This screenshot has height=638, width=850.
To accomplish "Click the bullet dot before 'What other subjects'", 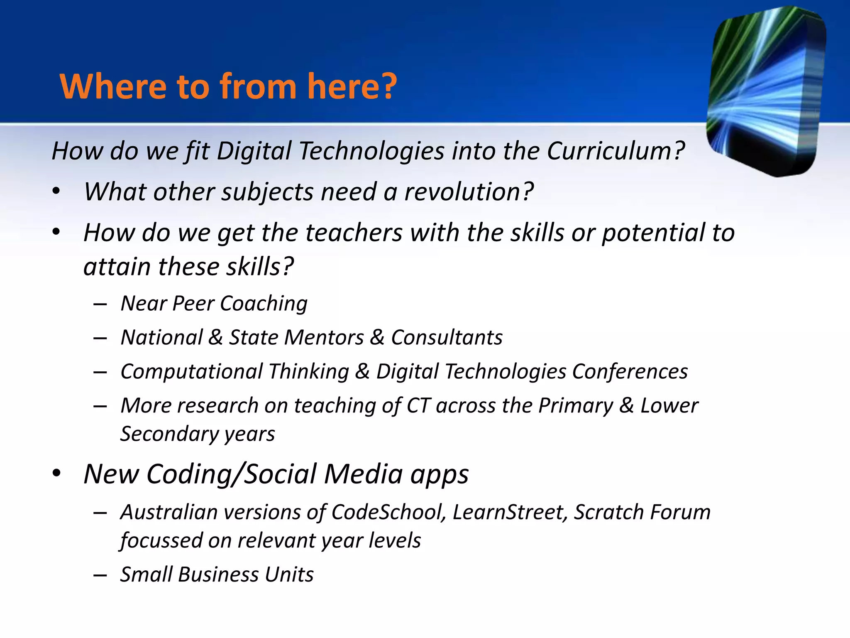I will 56,192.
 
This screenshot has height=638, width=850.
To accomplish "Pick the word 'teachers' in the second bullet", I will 354,233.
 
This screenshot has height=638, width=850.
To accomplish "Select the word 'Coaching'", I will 264,304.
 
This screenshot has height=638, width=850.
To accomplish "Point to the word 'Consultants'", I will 447,337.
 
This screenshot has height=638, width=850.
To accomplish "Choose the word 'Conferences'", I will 630,371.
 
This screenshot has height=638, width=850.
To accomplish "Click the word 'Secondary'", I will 169,434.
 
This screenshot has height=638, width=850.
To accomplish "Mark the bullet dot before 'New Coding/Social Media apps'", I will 56,474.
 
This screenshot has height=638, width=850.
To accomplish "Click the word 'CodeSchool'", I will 387,512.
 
